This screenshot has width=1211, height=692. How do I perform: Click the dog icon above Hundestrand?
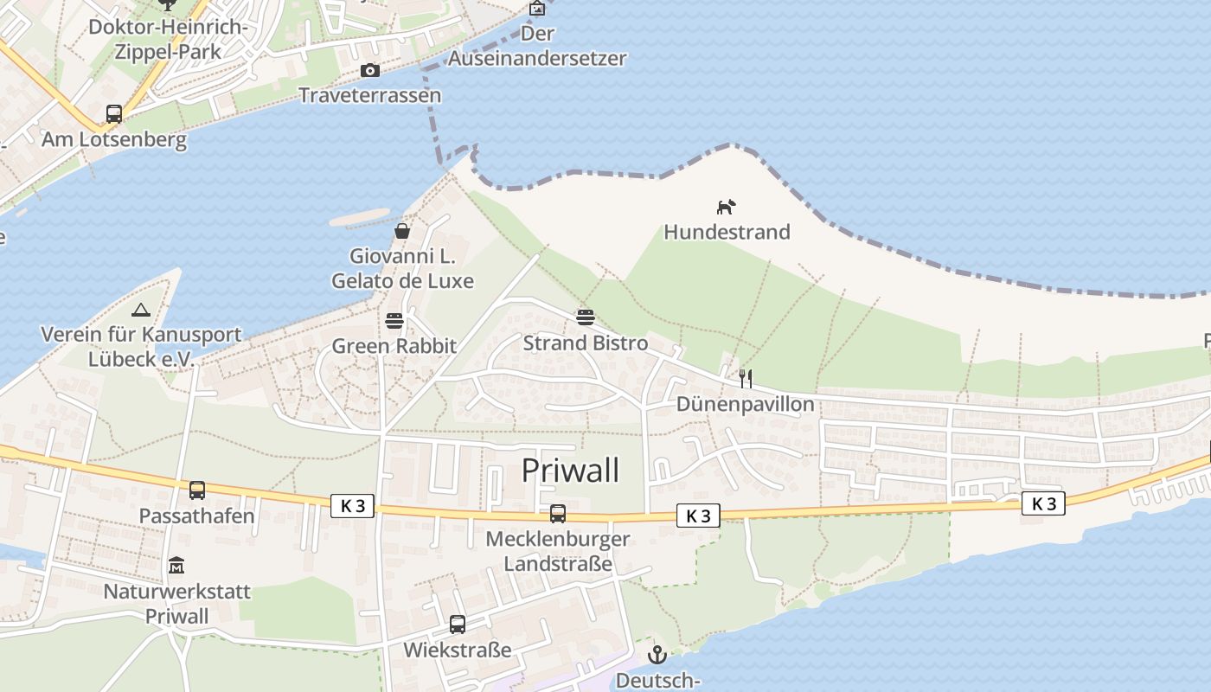pyautogui.click(x=727, y=207)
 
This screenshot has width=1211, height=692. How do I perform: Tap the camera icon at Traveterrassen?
pyautogui.click(x=369, y=70)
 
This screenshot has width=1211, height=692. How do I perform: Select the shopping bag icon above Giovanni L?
pyautogui.click(x=402, y=231)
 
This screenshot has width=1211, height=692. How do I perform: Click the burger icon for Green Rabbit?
pyautogui.click(x=394, y=321)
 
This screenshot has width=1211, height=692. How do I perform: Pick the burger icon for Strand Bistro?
pyautogui.click(x=586, y=317)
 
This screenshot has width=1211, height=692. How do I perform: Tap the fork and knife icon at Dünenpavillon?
pyautogui.click(x=745, y=378)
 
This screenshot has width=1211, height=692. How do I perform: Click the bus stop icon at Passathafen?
pyautogui.click(x=197, y=490)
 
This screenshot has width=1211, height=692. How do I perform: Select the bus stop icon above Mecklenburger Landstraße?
pyautogui.click(x=558, y=514)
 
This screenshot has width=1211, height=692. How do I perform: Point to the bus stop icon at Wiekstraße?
pyautogui.click(x=458, y=624)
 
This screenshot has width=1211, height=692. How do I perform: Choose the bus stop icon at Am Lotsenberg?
pyautogui.click(x=113, y=113)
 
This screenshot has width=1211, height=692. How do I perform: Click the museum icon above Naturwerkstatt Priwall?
pyautogui.click(x=176, y=566)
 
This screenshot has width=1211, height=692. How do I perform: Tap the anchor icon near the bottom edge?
pyautogui.click(x=657, y=655)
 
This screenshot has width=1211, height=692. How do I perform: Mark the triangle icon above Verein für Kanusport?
pyautogui.click(x=140, y=310)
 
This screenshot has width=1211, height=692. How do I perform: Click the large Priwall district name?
pyautogui.click(x=571, y=471)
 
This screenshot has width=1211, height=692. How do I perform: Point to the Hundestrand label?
pyautogui.click(x=727, y=232)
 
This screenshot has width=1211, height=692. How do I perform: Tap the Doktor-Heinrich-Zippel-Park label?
pyautogui.click(x=168, y=40)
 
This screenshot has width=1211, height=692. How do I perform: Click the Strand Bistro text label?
pyautogui.click(x=586, y=343)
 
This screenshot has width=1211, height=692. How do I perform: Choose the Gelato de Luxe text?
pyautogui.click(x=403, y=281)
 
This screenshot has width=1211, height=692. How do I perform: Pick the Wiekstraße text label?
pyautogui.click(x=458, y=649)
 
